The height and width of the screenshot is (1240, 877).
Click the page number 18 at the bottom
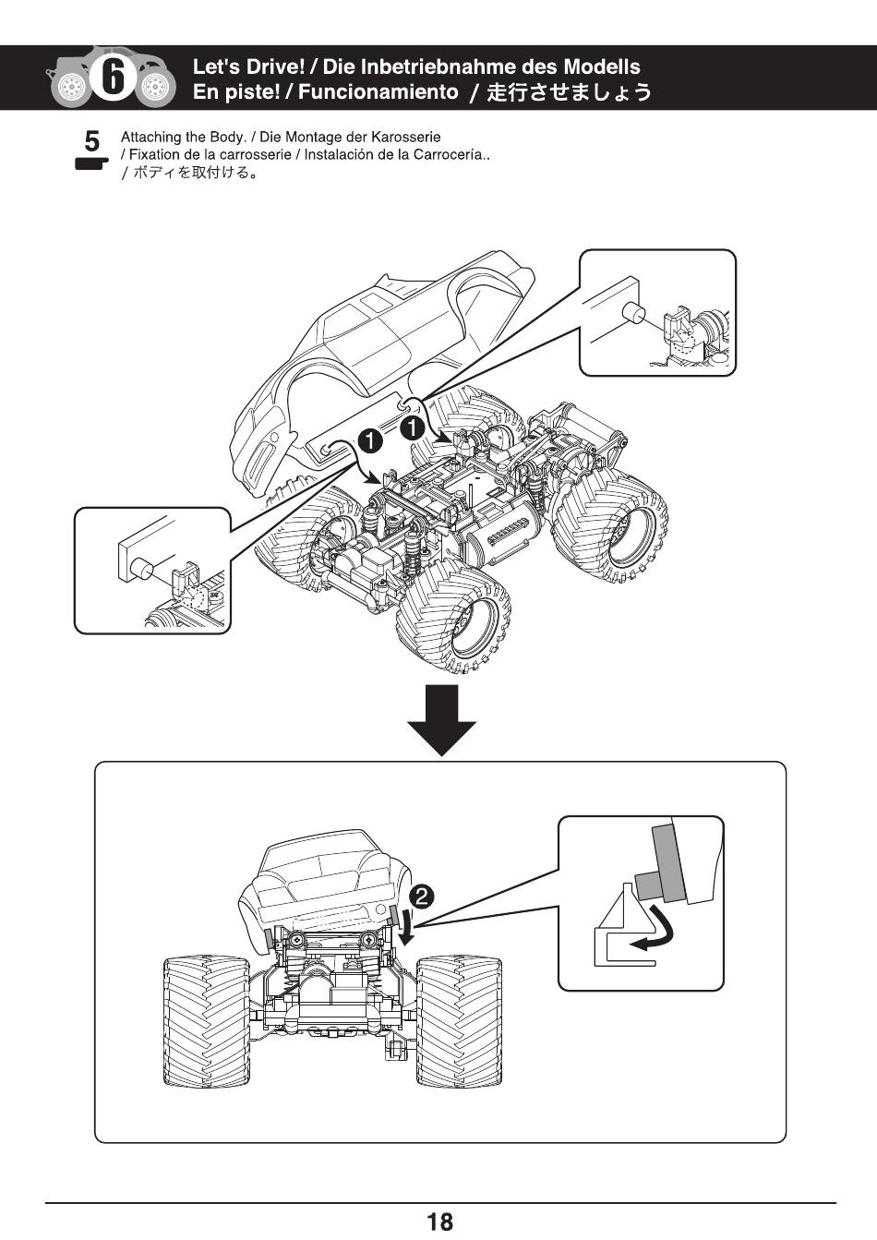click(x=439, y=1222)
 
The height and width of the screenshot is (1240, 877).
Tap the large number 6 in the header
click(x=113, y=77)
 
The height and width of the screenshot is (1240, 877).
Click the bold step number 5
click(x=91, y=141)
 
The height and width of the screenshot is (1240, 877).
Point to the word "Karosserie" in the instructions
click(x=405, y=137)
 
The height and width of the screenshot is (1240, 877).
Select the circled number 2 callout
click(x=420, y=896)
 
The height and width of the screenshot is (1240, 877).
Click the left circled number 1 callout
click(x=370, y=441)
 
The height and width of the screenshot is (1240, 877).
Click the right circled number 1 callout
click(x=412, y=427)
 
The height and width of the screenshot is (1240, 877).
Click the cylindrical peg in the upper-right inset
click(x=633, y=312)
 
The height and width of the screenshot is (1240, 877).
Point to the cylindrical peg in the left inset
click(x=142, y=568)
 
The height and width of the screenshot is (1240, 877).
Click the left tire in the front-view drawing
click(x=206, y=1020)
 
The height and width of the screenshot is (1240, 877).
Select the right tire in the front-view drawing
click(x=459, y=1020)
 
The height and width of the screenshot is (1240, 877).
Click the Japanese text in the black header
click(x=569, y=91)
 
